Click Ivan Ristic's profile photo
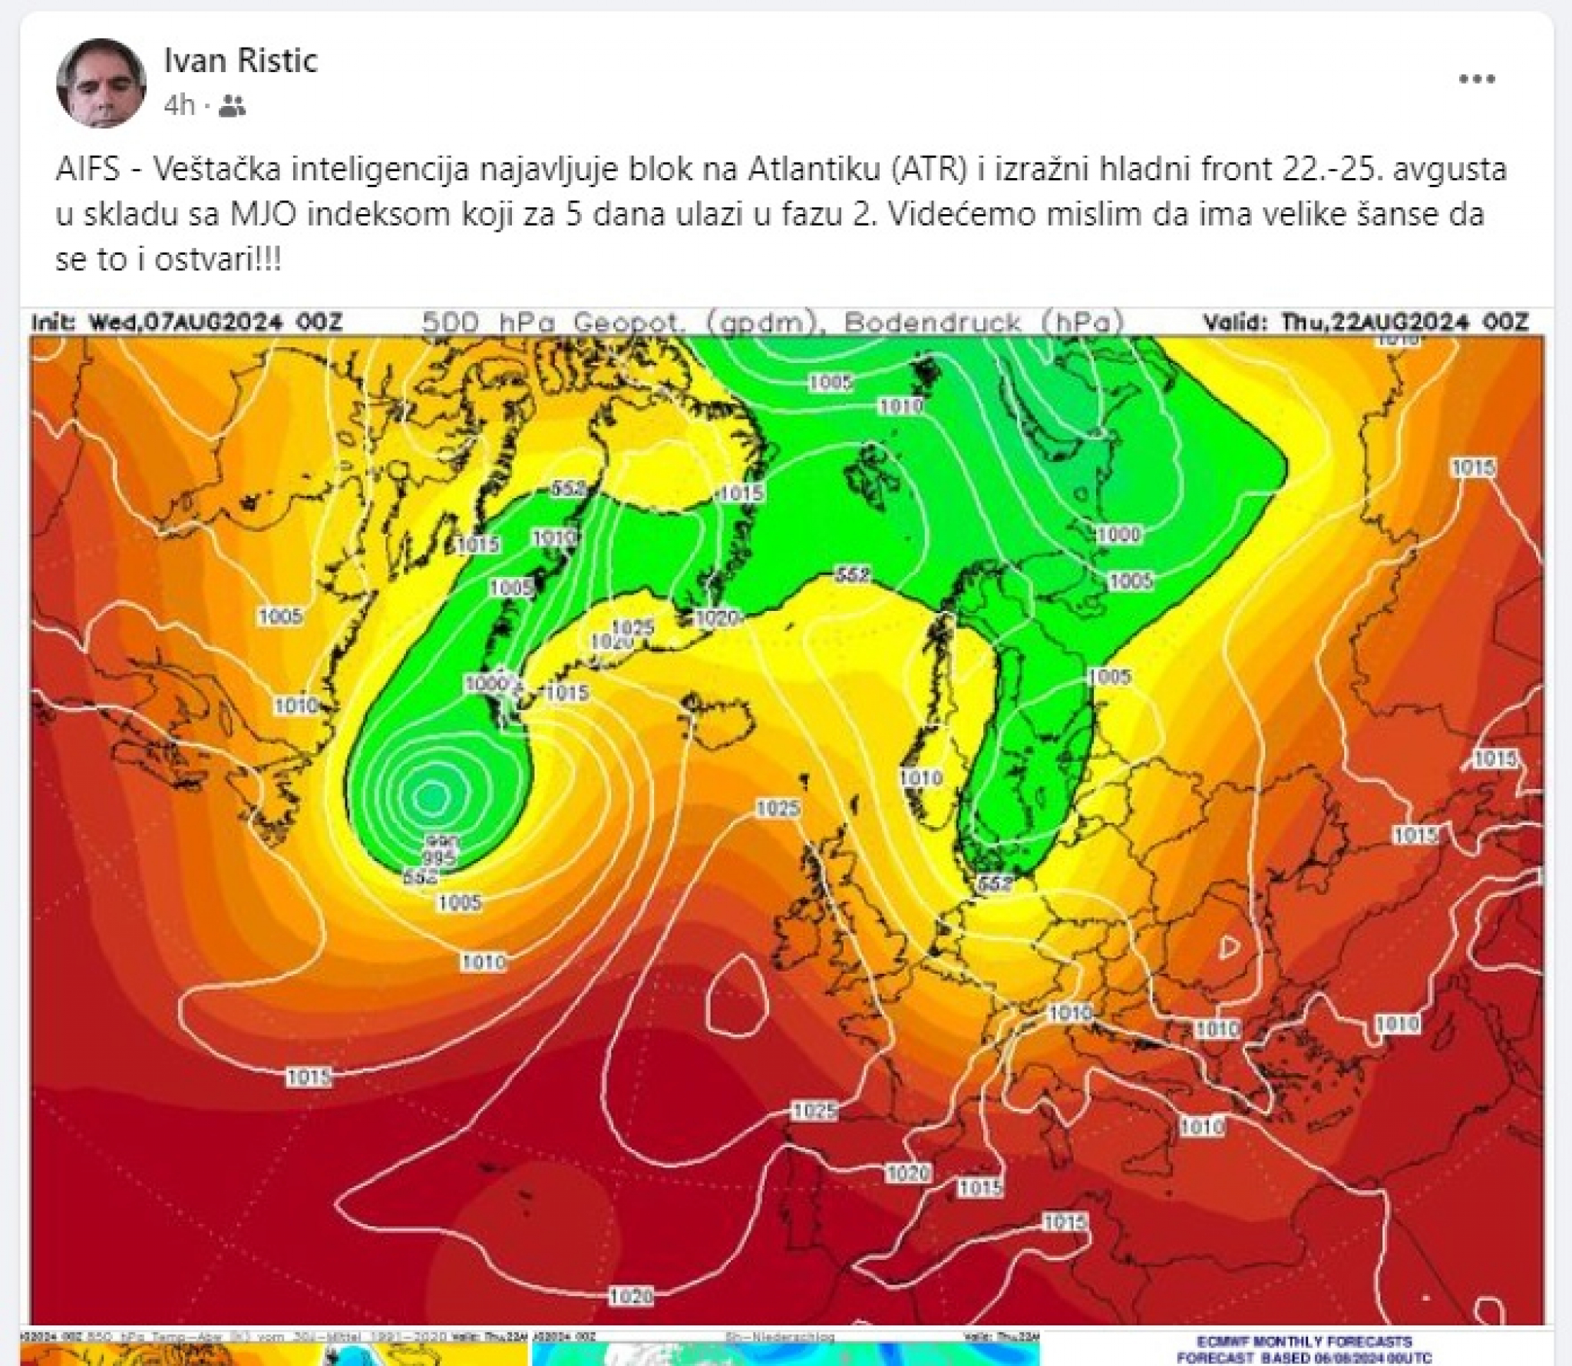pos(101,82)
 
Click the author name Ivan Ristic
pos(240,60)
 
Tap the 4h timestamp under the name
pos(180,105)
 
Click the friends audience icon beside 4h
pos(232,106)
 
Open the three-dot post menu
pos(1476,79)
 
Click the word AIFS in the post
pos(88,170)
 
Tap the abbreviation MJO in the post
pos(266,214)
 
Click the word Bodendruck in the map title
pos(933,322)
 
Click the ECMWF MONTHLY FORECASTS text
pos(1304,1341)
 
